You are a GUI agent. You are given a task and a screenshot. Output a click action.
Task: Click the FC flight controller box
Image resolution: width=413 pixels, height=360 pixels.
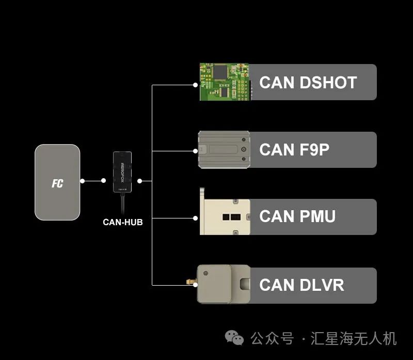point(57,182)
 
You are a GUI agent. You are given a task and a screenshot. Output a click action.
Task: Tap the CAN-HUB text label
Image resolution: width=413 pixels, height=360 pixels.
point(122,222)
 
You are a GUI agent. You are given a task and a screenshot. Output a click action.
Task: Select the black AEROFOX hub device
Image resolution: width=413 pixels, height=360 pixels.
point(122,171)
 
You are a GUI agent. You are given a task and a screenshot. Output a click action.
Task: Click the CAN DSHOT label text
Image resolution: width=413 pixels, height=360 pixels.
point(308,83)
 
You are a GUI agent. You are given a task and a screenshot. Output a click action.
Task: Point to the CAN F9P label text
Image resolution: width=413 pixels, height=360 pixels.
point(294,150)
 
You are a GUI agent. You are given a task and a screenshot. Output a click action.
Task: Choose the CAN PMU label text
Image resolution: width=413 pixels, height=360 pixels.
point(297,216)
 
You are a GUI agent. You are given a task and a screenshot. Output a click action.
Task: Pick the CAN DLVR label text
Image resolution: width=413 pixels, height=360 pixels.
point(301,285)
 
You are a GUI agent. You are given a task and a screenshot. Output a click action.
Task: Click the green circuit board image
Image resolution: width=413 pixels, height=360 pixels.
point(225,82)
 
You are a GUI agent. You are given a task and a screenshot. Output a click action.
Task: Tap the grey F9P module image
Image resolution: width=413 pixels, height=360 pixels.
point(224,150)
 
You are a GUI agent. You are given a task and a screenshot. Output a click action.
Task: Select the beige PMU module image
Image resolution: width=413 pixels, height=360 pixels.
point(225,217)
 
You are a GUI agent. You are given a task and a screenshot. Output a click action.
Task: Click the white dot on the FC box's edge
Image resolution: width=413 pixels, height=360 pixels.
point(82,181)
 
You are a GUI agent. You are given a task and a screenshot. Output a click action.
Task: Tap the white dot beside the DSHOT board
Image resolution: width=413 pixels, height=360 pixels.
point(195,85)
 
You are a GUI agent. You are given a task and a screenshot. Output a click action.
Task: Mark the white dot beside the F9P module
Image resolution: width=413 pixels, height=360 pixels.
point(195,151)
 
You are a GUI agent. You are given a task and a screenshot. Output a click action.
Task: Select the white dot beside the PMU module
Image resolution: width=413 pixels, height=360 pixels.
point(195,218)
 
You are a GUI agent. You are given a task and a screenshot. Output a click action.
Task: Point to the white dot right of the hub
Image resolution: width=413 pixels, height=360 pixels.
point(140,181)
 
